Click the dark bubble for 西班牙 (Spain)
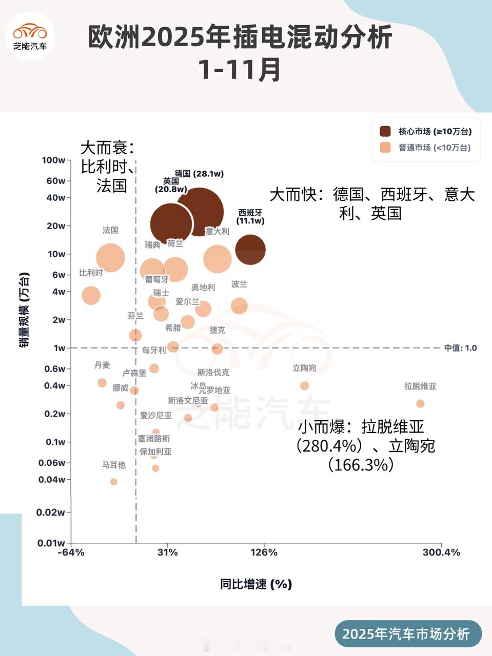click(x=250, y=250)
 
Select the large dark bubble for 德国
click(x=199, y=212)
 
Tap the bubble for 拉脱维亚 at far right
click(x=420, y=404)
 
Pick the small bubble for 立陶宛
click(x=304, y=385)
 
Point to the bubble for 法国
click(x=110, y=257)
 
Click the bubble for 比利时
click(x=91, y=295)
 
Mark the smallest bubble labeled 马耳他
click(x=114, y=482)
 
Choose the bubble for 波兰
click(x=239, y=306)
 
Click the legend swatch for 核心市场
click(x=385, y=132)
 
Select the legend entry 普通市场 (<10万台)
click(x=434, y=148)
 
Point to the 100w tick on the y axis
click(x=54, y=160)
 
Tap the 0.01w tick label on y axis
click(x=51, y=543)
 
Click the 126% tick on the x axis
click(x=264, y=552)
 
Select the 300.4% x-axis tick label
click(x=441, y=552)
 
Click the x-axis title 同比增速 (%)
click(x=256, y=584)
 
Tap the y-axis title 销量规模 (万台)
click(x=24, y=310)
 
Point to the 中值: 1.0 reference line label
click(x=460, y=348)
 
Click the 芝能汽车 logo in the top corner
click(x=30, y=36)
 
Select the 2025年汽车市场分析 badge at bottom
click(x=406, y=634)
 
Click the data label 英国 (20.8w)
click(x=171, y=185)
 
